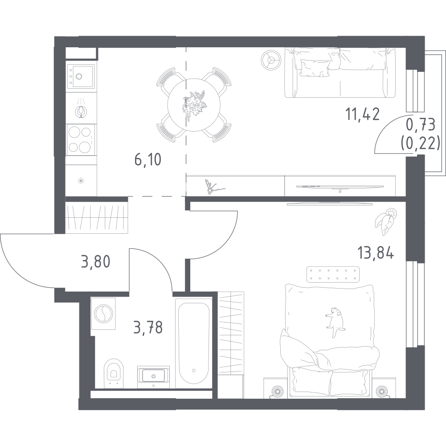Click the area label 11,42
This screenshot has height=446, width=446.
[363, 115]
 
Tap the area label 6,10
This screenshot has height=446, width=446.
[148, 158]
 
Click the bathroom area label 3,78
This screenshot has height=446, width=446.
[147, 329]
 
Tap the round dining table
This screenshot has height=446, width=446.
[193, 105]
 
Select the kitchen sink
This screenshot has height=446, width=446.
[81, 75]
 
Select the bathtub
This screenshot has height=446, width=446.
[193, 343]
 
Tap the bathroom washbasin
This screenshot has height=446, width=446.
[153, 375]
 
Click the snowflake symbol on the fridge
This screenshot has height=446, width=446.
[81, 180]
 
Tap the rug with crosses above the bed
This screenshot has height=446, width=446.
[333, 274]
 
